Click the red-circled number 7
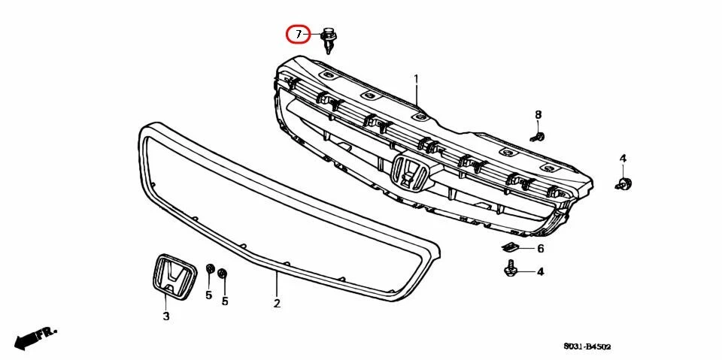298,35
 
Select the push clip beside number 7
329,40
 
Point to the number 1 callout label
416,79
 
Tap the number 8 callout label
538,114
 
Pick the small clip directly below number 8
538,137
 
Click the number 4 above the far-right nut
623,158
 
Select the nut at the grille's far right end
624,183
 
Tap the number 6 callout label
540,249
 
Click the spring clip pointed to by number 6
511,247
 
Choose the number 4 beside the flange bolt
540,272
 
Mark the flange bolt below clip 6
511,269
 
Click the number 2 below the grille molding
277,304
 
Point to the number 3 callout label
166,316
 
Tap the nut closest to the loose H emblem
211,270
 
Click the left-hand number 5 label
209,295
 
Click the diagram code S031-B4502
587,346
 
